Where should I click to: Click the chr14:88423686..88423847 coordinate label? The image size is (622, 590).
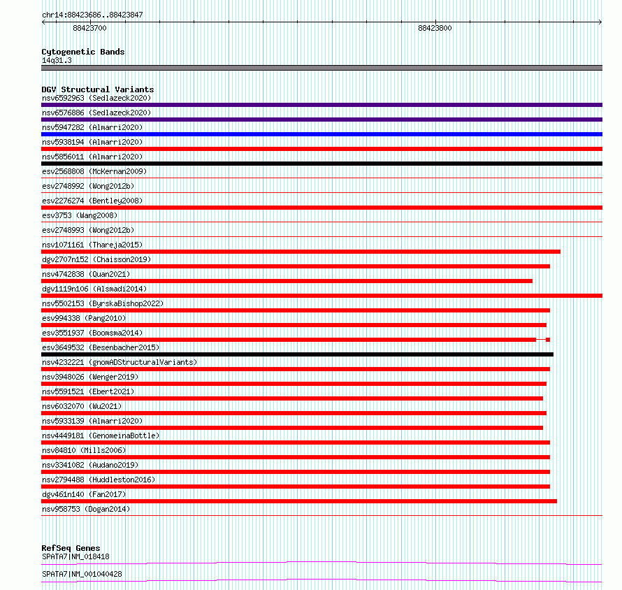pos(92,15)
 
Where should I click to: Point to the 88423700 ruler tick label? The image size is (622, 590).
pos(89,29)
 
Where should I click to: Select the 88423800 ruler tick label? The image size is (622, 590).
pos(435,29)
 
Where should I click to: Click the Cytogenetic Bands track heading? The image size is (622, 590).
pos(82,52)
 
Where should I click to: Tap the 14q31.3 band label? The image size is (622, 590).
pos(56,60)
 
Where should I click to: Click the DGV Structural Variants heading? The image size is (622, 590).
pos(97,89)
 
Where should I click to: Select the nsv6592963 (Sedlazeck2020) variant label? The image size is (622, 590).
pos(96,98)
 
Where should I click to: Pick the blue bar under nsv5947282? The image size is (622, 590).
pos(321,134)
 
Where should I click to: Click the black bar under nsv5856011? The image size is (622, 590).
pos(321,164)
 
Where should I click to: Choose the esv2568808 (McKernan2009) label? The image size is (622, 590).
pos(94,171)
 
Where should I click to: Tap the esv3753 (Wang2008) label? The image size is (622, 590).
pos(79,215)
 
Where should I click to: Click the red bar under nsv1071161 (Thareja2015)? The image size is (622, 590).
pos(301,252)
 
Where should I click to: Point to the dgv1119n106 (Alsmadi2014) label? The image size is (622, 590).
pos(94,289)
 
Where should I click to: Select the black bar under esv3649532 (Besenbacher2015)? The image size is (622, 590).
pos(297,354)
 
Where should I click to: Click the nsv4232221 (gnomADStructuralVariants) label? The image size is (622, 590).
pos(119,362)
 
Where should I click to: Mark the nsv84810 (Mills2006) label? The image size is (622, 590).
pos(84,450)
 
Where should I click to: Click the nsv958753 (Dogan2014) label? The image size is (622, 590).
pos(85,509)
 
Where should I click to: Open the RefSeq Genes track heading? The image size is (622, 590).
pos(71,548)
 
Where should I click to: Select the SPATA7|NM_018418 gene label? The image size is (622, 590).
pos(75,556)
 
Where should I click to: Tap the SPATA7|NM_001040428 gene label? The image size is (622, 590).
pos(82,574)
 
